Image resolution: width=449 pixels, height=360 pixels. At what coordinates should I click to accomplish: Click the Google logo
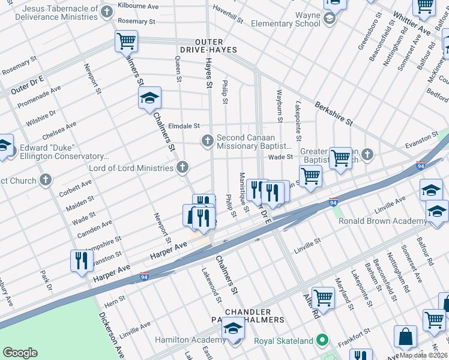20,353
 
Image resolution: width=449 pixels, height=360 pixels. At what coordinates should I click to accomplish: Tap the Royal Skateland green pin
323,341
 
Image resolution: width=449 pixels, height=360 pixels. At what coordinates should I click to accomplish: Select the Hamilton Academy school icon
233,329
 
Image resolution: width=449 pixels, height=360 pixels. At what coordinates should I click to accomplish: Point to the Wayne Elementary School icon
329,19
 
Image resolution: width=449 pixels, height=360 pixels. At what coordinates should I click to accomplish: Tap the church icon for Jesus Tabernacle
107,12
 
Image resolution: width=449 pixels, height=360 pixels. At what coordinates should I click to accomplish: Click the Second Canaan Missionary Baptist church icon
207,140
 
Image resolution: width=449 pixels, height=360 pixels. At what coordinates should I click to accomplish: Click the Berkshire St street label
333,113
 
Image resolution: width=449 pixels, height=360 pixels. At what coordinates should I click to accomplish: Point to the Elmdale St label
184,126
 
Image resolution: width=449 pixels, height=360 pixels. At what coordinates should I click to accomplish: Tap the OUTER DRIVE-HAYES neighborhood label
207,45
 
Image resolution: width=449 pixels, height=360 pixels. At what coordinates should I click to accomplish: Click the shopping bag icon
406,337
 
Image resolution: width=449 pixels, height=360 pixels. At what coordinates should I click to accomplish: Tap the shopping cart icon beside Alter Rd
323,297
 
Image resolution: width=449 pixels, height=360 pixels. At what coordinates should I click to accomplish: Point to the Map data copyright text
422,355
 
